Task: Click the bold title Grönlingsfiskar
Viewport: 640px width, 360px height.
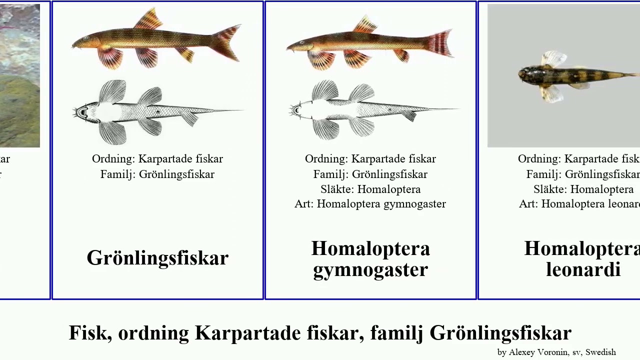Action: (x=157, y=258)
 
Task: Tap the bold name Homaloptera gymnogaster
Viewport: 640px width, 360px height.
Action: (x=370, y=259)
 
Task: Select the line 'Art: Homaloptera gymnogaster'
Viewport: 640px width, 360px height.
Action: (x=370, y=204)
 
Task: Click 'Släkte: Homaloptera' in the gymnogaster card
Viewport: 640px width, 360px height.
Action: (x=370, y=189)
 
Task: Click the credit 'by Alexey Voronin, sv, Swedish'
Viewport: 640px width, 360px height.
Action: (x=556, y=352)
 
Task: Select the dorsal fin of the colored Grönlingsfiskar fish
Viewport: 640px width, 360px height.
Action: (x=148, y=19)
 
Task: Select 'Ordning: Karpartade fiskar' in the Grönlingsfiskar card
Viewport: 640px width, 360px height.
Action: (x=157, y=159)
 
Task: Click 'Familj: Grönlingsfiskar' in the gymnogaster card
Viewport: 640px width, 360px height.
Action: (x=370, y=174)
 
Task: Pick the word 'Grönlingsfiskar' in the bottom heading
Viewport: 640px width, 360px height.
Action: (x=500, y=333)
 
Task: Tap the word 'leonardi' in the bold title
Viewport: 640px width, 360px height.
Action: (x=583, y=270)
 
